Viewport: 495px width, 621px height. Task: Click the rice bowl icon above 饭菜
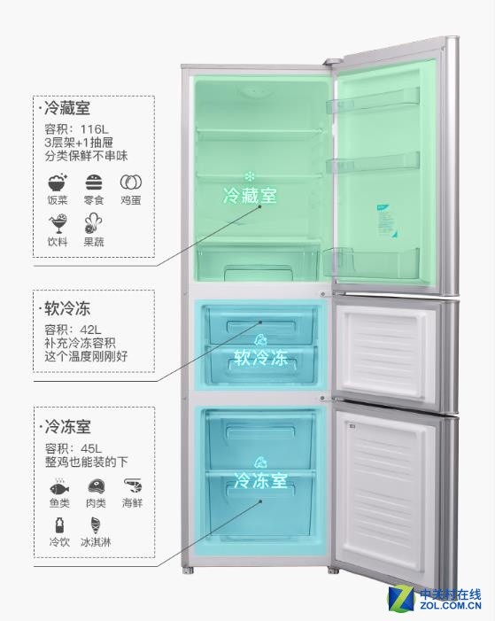point(58,182)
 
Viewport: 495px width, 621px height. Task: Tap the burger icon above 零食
point(94,182)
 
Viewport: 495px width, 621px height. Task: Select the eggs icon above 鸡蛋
point(131,182)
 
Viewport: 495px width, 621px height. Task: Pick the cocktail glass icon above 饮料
point(58,224)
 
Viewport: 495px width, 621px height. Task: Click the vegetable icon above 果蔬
point(94,224)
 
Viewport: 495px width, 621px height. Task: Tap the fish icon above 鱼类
point(59,486)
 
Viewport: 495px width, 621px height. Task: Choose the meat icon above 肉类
point(97,486)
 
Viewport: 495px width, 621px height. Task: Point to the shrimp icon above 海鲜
point(132,486)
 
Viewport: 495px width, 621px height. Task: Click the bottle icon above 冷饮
point(59,525)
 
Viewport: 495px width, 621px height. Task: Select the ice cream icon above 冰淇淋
point(96,525)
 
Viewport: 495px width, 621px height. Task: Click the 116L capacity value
point(94,129)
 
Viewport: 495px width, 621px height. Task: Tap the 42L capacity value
point(90,330)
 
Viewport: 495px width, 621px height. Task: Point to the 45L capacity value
point(91,448)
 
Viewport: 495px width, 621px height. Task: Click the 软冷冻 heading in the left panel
point(67,309)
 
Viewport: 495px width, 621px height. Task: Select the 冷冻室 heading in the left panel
point(67,427)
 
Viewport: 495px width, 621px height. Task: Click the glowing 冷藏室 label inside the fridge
point(250,196)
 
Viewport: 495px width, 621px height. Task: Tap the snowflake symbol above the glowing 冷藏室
point(250,176)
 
